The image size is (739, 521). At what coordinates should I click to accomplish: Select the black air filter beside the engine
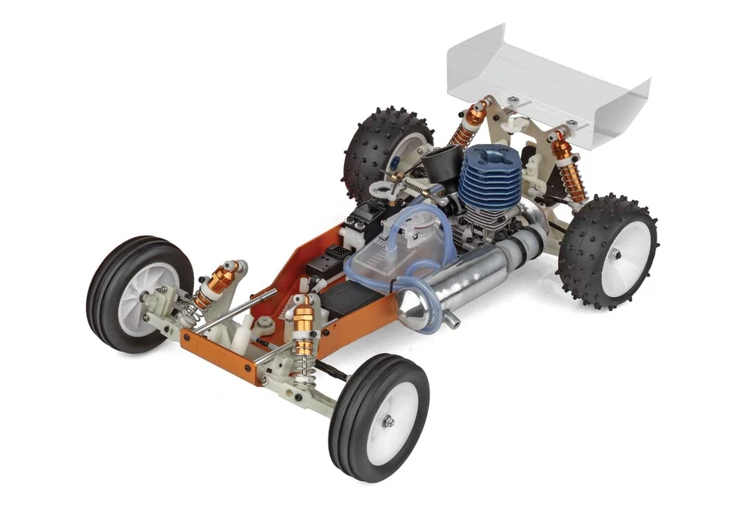pyautogui.click(x=440, y=162)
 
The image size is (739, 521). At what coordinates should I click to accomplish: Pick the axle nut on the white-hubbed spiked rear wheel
pyautogui.click(x=617, y=252)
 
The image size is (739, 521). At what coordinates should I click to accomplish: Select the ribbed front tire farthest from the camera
pyautogui.click(x=139, y=293)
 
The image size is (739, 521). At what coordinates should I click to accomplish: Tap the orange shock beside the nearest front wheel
pyautogui.click(x=304, y=331)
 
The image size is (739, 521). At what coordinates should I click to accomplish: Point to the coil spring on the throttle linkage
pyautogui.click(x=416, y=187)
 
